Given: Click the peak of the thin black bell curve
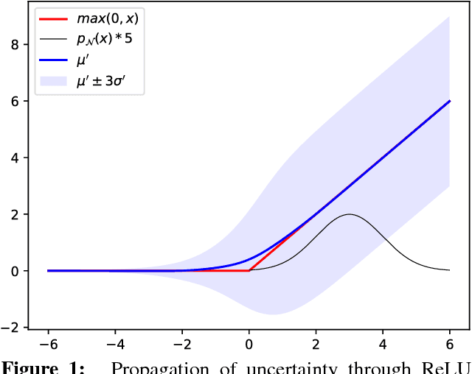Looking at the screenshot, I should tap(349, 214).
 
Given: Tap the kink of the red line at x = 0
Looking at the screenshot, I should tap(249, 270).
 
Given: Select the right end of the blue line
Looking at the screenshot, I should tap(449, 101).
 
